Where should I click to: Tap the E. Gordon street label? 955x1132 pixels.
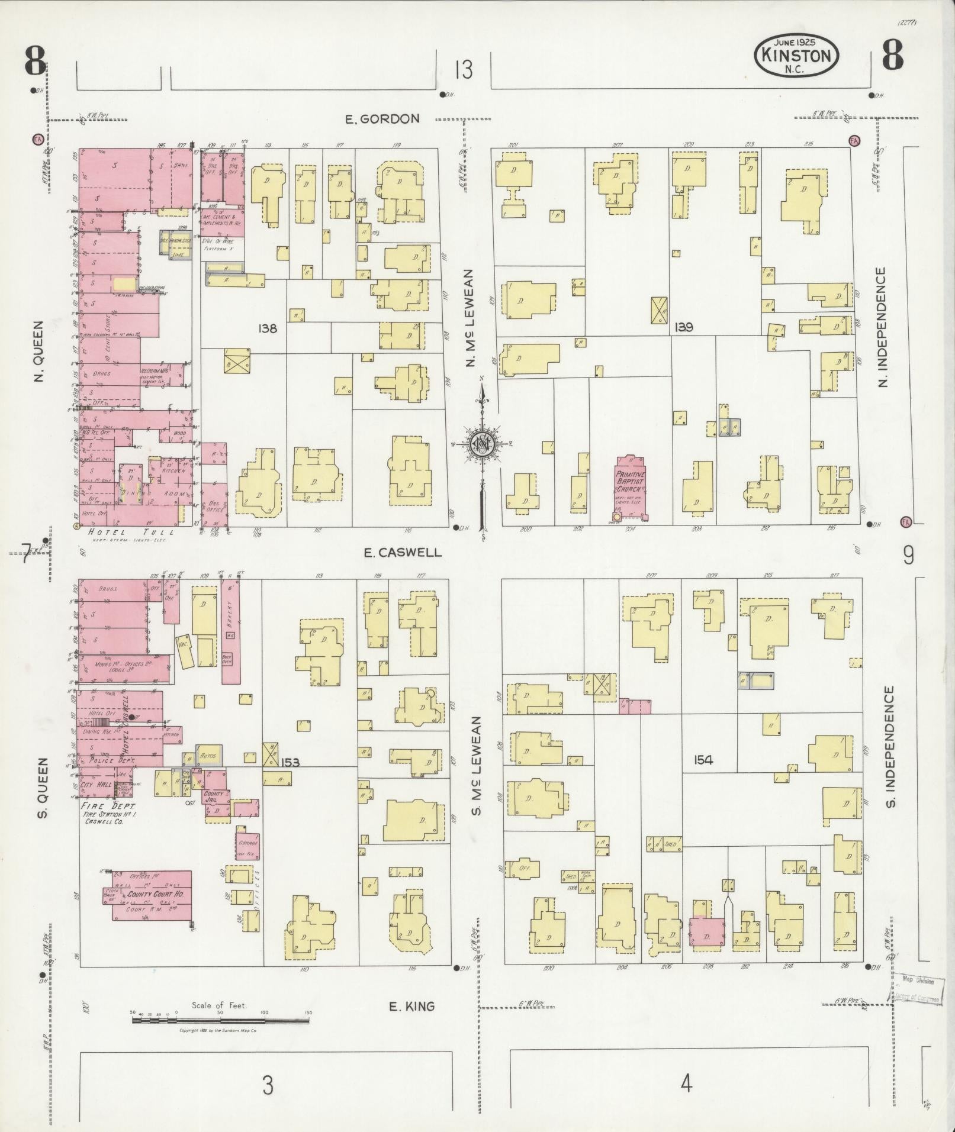[382, 119]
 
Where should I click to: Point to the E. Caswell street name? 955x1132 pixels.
[403, 552]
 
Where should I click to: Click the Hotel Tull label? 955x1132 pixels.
[122, 533]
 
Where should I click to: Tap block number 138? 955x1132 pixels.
[268, 328]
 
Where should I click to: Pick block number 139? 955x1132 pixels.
[684, 327]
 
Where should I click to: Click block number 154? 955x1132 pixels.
[703, 760]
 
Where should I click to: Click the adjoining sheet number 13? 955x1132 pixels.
[464, 70]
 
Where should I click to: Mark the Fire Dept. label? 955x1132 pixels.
[108, 807]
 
